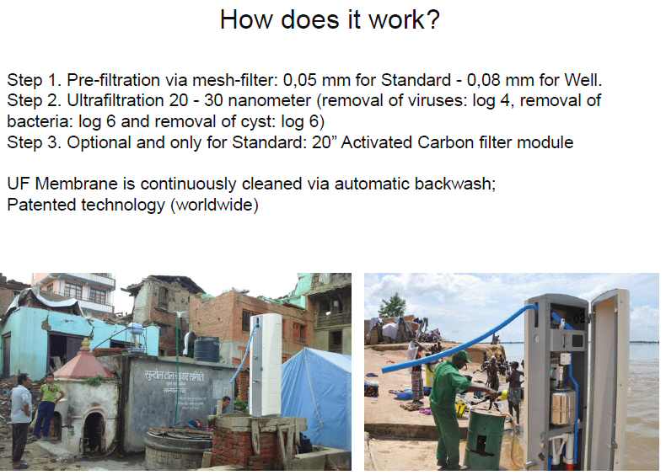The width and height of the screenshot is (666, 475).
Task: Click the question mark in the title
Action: click(432, 19)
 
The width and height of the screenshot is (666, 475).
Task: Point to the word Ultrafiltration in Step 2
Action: click(115, 100)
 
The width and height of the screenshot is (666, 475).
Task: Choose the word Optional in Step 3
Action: click(99, 143)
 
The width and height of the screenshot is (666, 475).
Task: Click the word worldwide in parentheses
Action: click(214, 205)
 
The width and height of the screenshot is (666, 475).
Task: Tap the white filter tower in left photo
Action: click(266, 365)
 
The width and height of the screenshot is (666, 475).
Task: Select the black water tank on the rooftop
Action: click(207, 349)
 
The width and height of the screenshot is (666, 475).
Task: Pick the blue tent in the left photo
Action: click(316, 398)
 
